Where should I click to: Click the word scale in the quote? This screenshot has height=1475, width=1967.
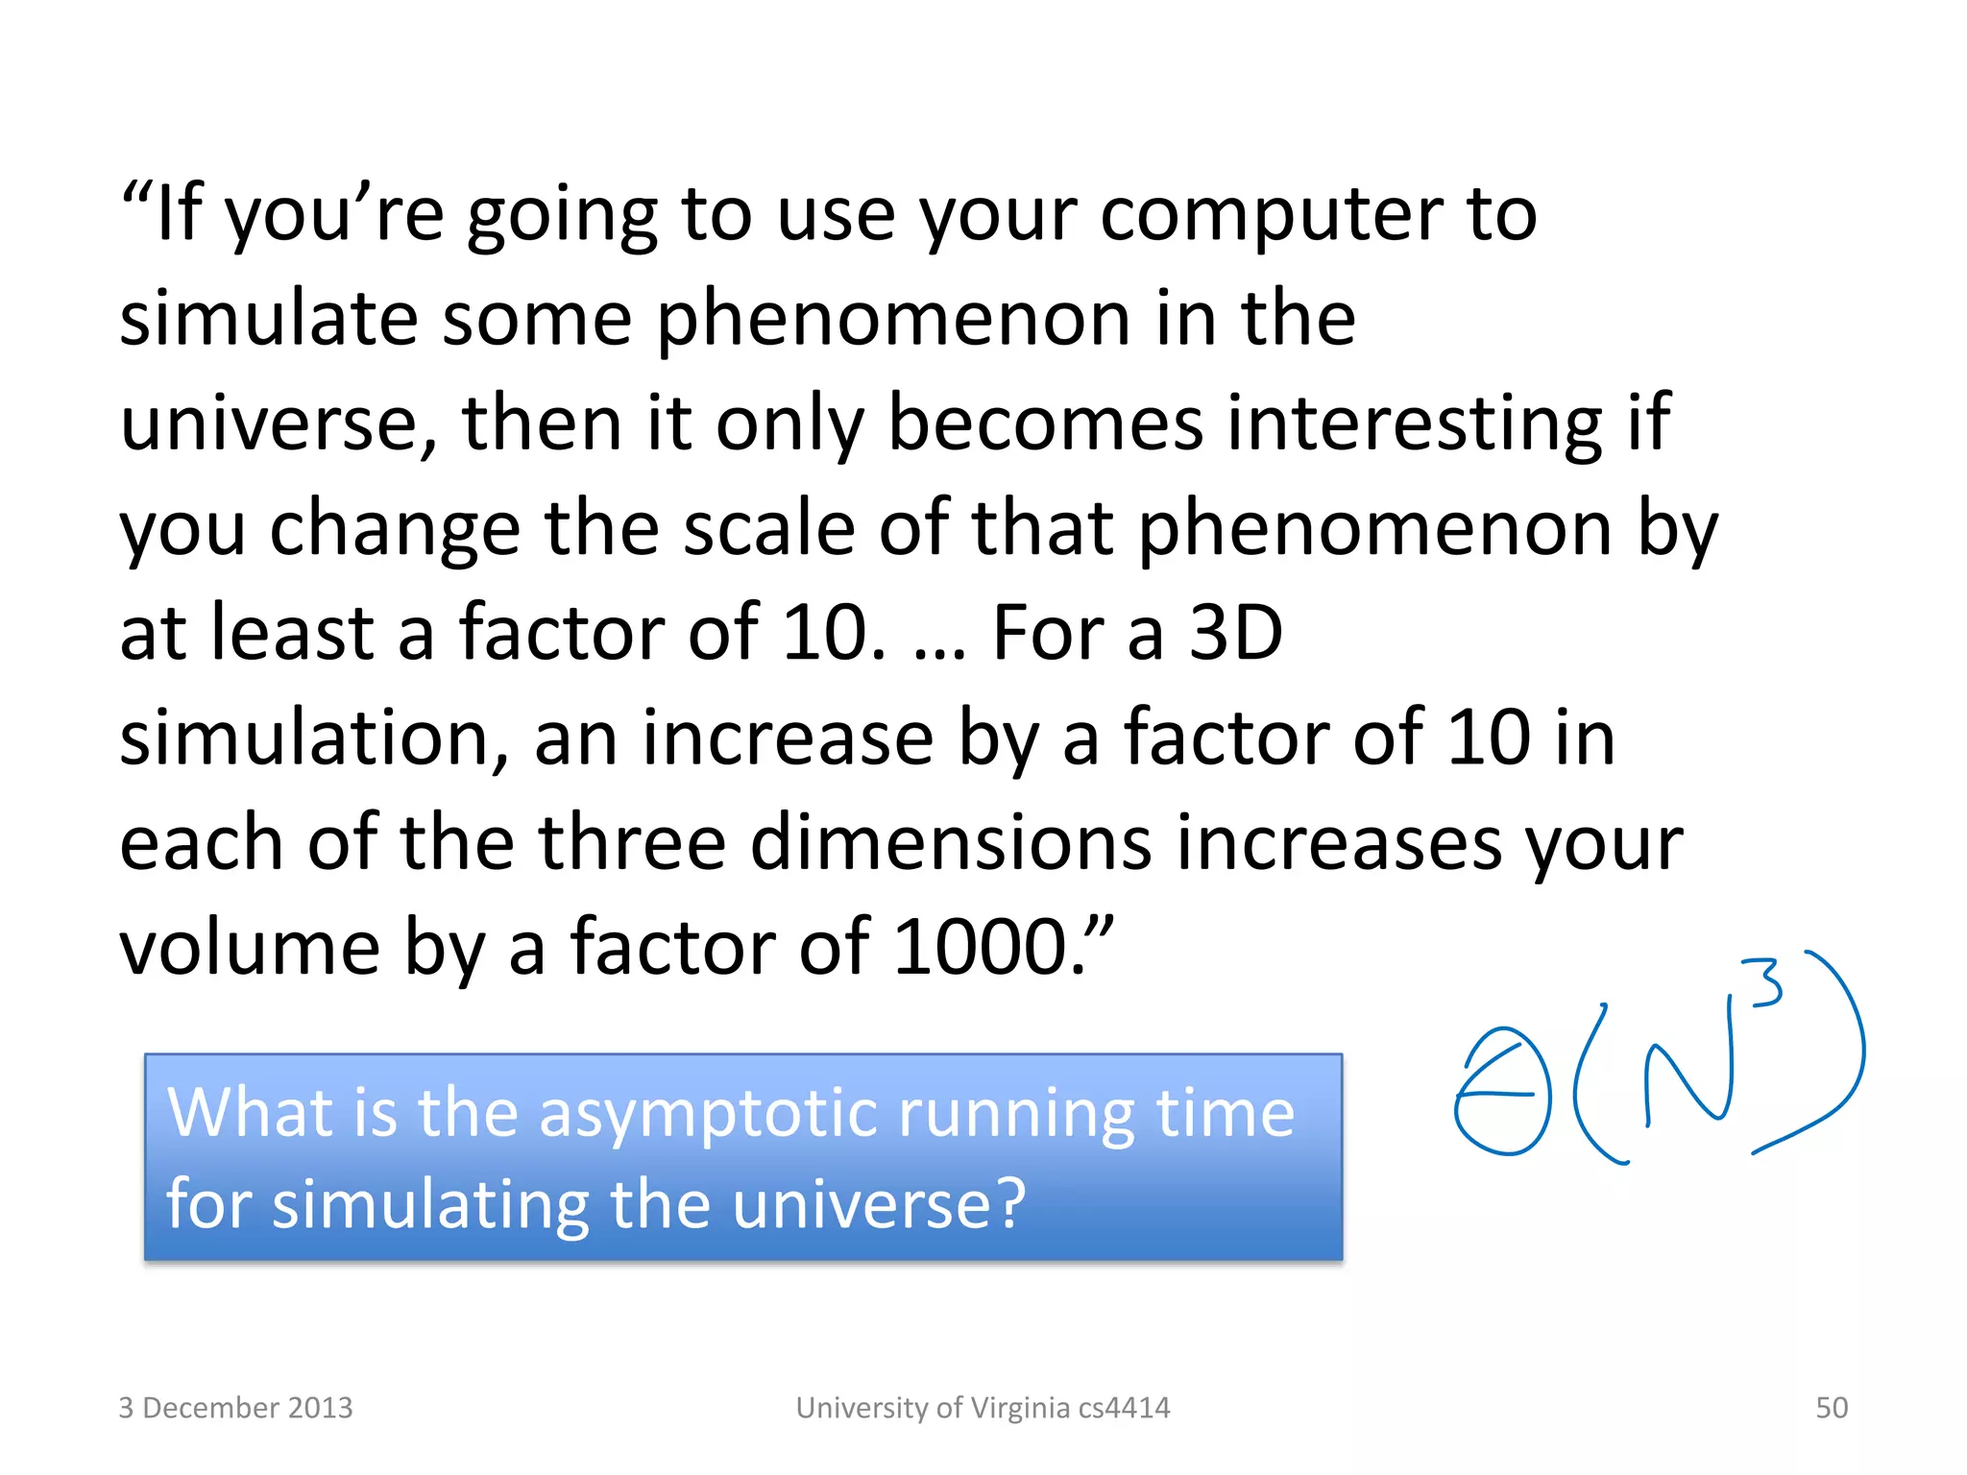768,529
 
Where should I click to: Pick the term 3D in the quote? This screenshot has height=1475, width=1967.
1236,634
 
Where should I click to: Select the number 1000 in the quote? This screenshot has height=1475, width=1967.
981,948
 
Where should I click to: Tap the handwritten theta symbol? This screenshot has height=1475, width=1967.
1503,1092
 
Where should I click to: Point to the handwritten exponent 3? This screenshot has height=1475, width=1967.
1765,982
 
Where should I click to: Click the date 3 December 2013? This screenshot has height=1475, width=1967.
235,1408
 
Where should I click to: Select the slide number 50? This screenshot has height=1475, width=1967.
1832,1408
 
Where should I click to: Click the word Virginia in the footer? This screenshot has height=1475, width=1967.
1019,1408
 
